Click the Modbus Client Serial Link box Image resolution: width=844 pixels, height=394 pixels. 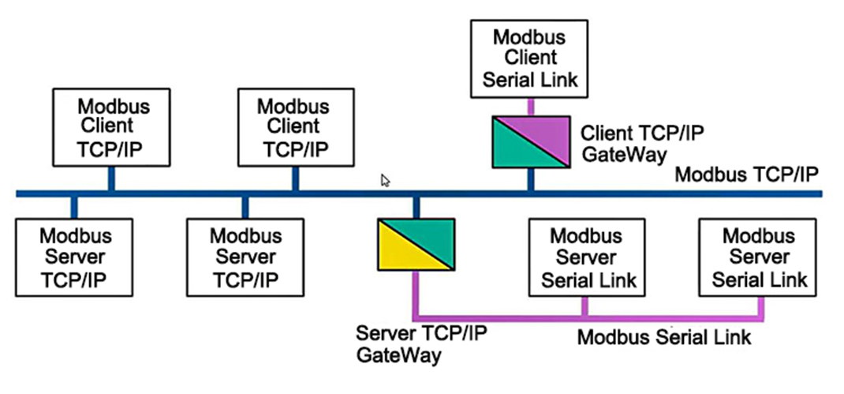pos(529,58)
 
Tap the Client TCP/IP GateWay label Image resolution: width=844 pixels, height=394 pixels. pos(642,144)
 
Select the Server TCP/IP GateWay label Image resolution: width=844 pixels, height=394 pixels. pos(421,344)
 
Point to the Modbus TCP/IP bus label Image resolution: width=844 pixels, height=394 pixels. pos(746,174)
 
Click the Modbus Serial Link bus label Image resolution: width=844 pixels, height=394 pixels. pos(663,337)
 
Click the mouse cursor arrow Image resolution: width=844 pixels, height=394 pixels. pos(385,181)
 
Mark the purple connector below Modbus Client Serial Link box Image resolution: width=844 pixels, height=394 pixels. pos(530,107)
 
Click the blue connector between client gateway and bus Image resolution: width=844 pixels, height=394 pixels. pos(530,179)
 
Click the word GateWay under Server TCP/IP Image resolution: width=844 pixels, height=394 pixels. pos(398,355)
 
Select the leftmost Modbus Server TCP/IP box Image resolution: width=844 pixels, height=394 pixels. pos(73,257)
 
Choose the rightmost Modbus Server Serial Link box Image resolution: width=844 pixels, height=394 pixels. pos(757,257)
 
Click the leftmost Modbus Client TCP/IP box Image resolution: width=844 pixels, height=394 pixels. pos(111,127)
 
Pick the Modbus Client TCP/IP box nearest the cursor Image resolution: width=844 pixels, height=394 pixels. pos(296,127)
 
